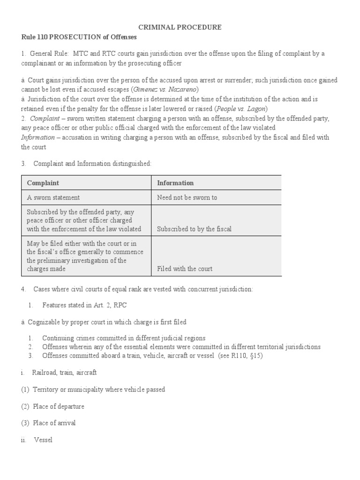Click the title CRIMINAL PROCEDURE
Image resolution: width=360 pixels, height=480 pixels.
coord(180,28)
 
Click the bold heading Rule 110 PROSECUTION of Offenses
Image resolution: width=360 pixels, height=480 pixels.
coord(79,37)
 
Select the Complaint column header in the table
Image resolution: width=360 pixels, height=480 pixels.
coord(43,183)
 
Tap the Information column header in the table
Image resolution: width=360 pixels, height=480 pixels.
coord(175,183)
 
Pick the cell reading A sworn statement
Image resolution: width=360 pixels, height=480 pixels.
coord(53,197)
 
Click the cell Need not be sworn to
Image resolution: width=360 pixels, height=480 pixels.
coord(187,197)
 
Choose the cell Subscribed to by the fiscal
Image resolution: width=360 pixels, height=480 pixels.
coord(194,229)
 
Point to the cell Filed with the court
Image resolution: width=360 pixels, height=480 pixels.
coord(185,269)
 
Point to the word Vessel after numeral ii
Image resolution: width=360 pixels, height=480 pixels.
coord(43,440)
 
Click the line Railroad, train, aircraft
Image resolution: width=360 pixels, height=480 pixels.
coord(64,373)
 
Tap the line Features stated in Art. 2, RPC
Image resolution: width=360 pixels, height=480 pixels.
coord(84,305)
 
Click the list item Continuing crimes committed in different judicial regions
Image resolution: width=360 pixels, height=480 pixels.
coord(124,338)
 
